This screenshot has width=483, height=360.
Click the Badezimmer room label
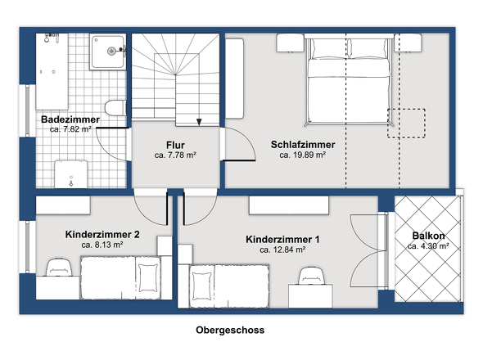click(x=70, y=119)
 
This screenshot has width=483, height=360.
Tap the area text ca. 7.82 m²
click(x=70, y=129)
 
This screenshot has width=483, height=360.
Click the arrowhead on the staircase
click(x=199, y=123)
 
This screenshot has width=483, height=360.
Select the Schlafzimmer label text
click(x=303, y=144)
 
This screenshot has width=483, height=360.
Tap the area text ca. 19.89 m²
click(x=303, y=154)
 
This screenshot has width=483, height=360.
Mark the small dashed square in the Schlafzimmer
click(x=407, y=123)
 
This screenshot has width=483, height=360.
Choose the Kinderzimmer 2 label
click(x=102, y=234)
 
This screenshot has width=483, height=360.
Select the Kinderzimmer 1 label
click(x=282, y=240)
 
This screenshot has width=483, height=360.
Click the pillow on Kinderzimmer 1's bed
click(x=201, y=286)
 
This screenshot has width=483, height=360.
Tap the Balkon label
click(x=429, y=236)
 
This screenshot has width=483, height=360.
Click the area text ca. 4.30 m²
click(x=429, y=246)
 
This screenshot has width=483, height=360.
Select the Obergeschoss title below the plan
click(x=230, y=331)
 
